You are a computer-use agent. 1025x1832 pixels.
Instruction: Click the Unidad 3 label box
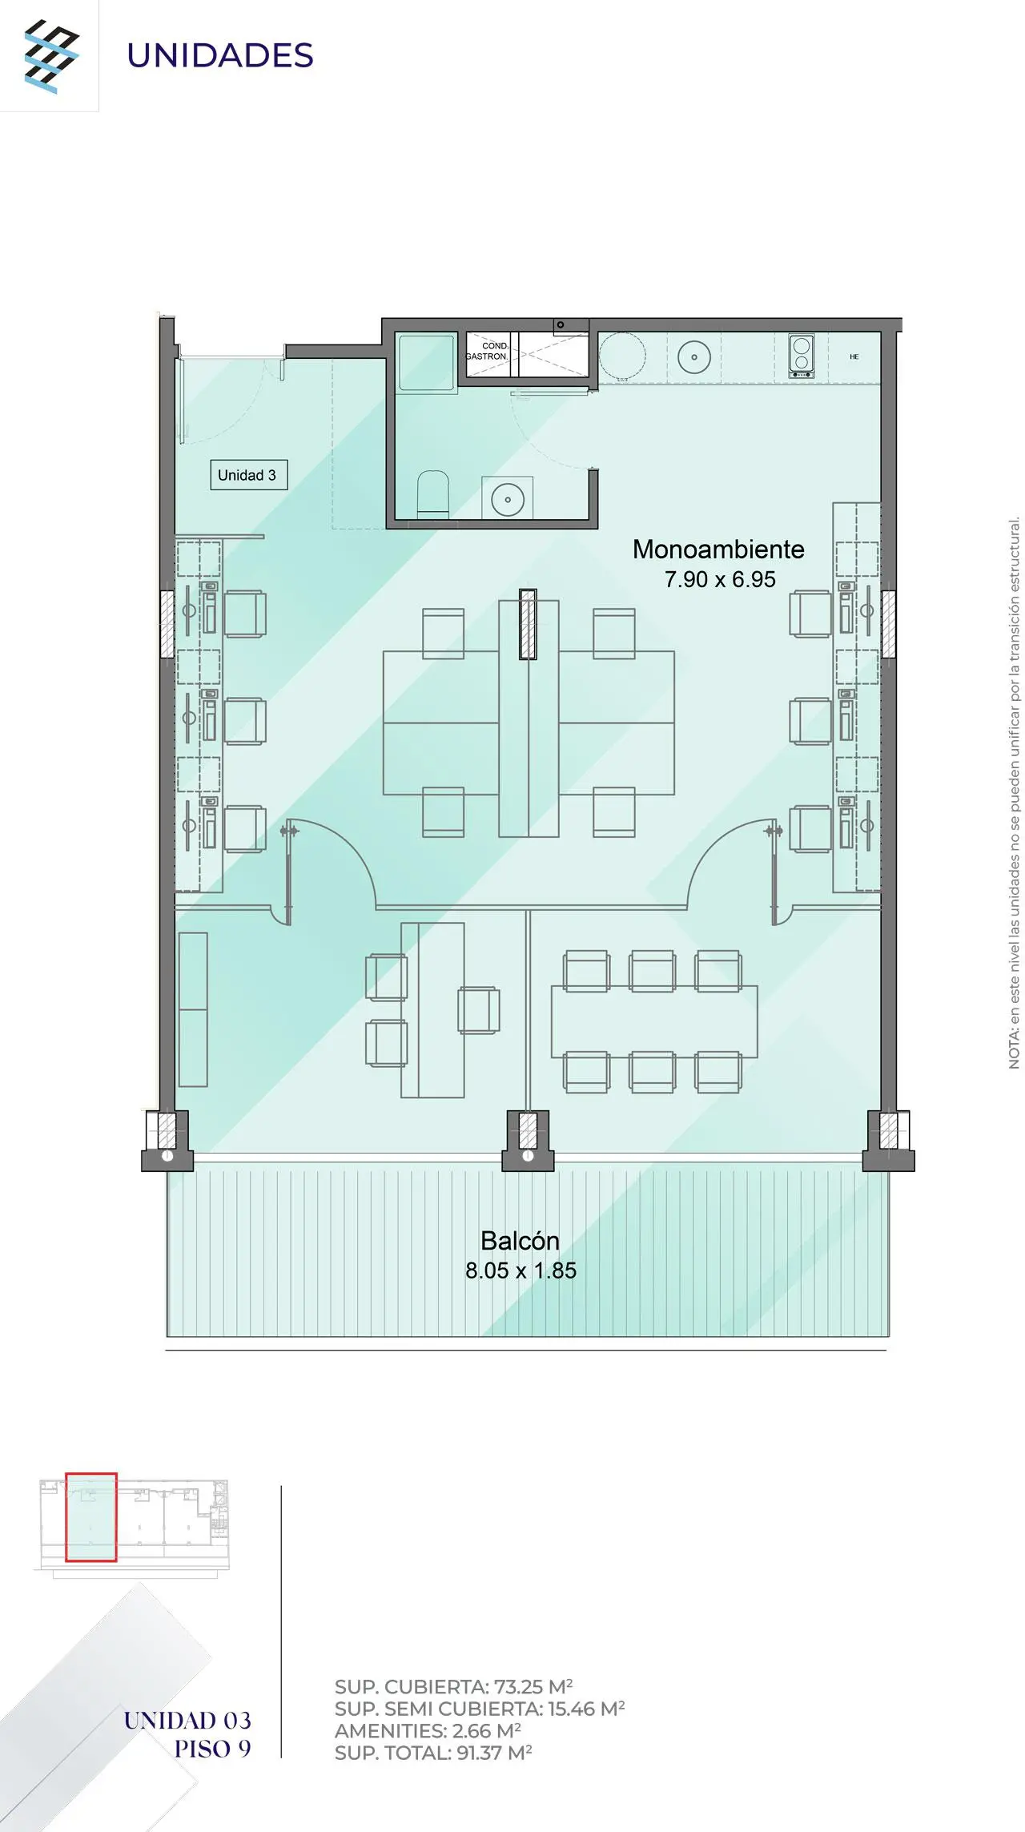(248, 475)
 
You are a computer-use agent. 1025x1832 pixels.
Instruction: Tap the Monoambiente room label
(718, 550)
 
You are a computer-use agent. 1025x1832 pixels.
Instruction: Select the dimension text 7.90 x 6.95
(720, 579)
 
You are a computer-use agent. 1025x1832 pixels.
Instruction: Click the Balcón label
(520, 1240)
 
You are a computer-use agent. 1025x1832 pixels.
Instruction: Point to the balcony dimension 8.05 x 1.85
(521, 1270)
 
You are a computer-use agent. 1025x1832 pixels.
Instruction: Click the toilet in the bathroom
(433, 493)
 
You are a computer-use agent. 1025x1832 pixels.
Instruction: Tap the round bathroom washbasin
(508, 500)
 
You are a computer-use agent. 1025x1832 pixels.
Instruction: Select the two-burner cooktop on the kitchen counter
(802, 356)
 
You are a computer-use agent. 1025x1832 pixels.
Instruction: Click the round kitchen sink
(694, 357)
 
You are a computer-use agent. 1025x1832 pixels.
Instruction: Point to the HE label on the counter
(854, 356)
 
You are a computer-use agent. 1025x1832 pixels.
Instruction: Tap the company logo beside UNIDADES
(52, 57)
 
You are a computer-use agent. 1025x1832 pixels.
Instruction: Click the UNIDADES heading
(220, 56)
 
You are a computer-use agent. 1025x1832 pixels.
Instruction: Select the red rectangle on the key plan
(91, 1517)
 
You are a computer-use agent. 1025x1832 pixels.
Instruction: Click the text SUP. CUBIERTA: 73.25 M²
(454, 1687)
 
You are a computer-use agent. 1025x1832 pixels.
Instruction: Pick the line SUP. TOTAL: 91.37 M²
(433, 1753)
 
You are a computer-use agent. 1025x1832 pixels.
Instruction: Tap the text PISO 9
(212, 1749)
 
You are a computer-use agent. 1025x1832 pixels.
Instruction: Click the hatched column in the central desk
(528, 624)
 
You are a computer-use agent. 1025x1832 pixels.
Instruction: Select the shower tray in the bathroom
(428, 363)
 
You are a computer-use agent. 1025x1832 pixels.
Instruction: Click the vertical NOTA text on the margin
(1015, 793)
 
